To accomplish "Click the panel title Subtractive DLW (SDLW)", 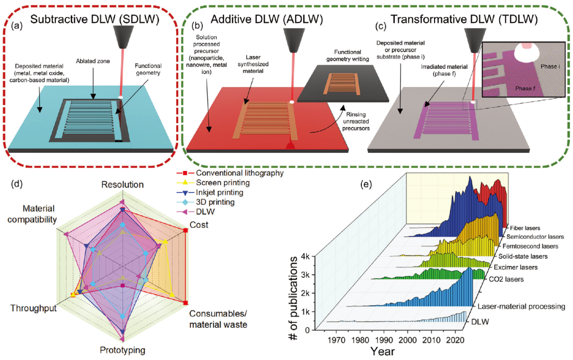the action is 94,20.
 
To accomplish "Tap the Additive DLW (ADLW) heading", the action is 267,20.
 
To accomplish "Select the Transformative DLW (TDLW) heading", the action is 464,20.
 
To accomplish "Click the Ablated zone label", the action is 93,61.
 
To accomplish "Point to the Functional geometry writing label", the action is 348,55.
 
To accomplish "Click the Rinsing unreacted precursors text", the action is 356,122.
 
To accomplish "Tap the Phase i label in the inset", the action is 550,66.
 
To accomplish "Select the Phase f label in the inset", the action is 525,88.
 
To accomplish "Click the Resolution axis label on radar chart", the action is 123,184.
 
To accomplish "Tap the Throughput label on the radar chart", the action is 33,308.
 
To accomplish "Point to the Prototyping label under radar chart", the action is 123,350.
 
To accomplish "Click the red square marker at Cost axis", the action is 186,230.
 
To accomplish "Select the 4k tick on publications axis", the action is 305,256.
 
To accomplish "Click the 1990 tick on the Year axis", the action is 384,340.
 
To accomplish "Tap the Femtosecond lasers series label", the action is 530,246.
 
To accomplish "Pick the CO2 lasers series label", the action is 506,279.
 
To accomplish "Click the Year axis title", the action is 382,352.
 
